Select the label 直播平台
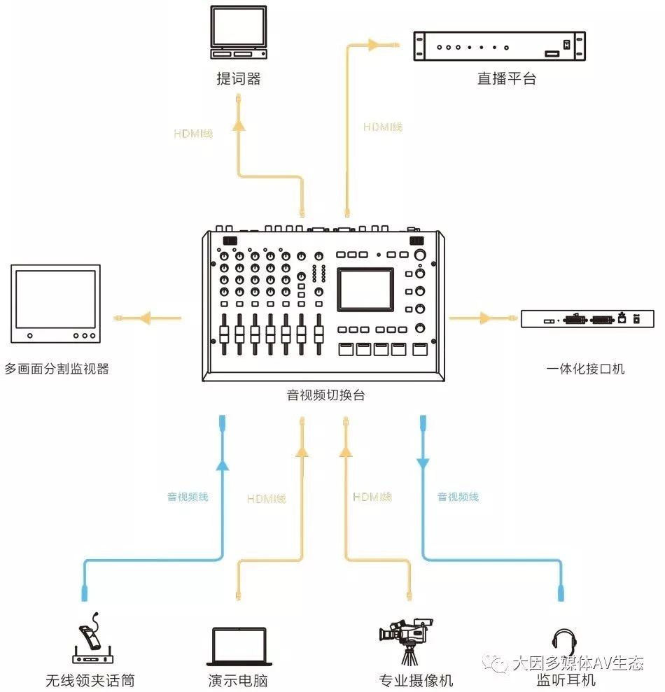[507, 78]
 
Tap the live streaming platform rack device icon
[498, 47]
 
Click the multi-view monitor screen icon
[55, 302]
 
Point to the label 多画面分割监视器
[57, 368]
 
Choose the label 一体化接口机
[585, 368]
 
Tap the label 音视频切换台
[325, 395]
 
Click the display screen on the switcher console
[365, 289]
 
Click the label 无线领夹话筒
[90, 680]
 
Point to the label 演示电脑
[238, 680]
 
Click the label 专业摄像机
[416, 680]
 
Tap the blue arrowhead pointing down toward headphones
[423, 464]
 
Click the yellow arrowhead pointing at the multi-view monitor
[144, 318]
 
